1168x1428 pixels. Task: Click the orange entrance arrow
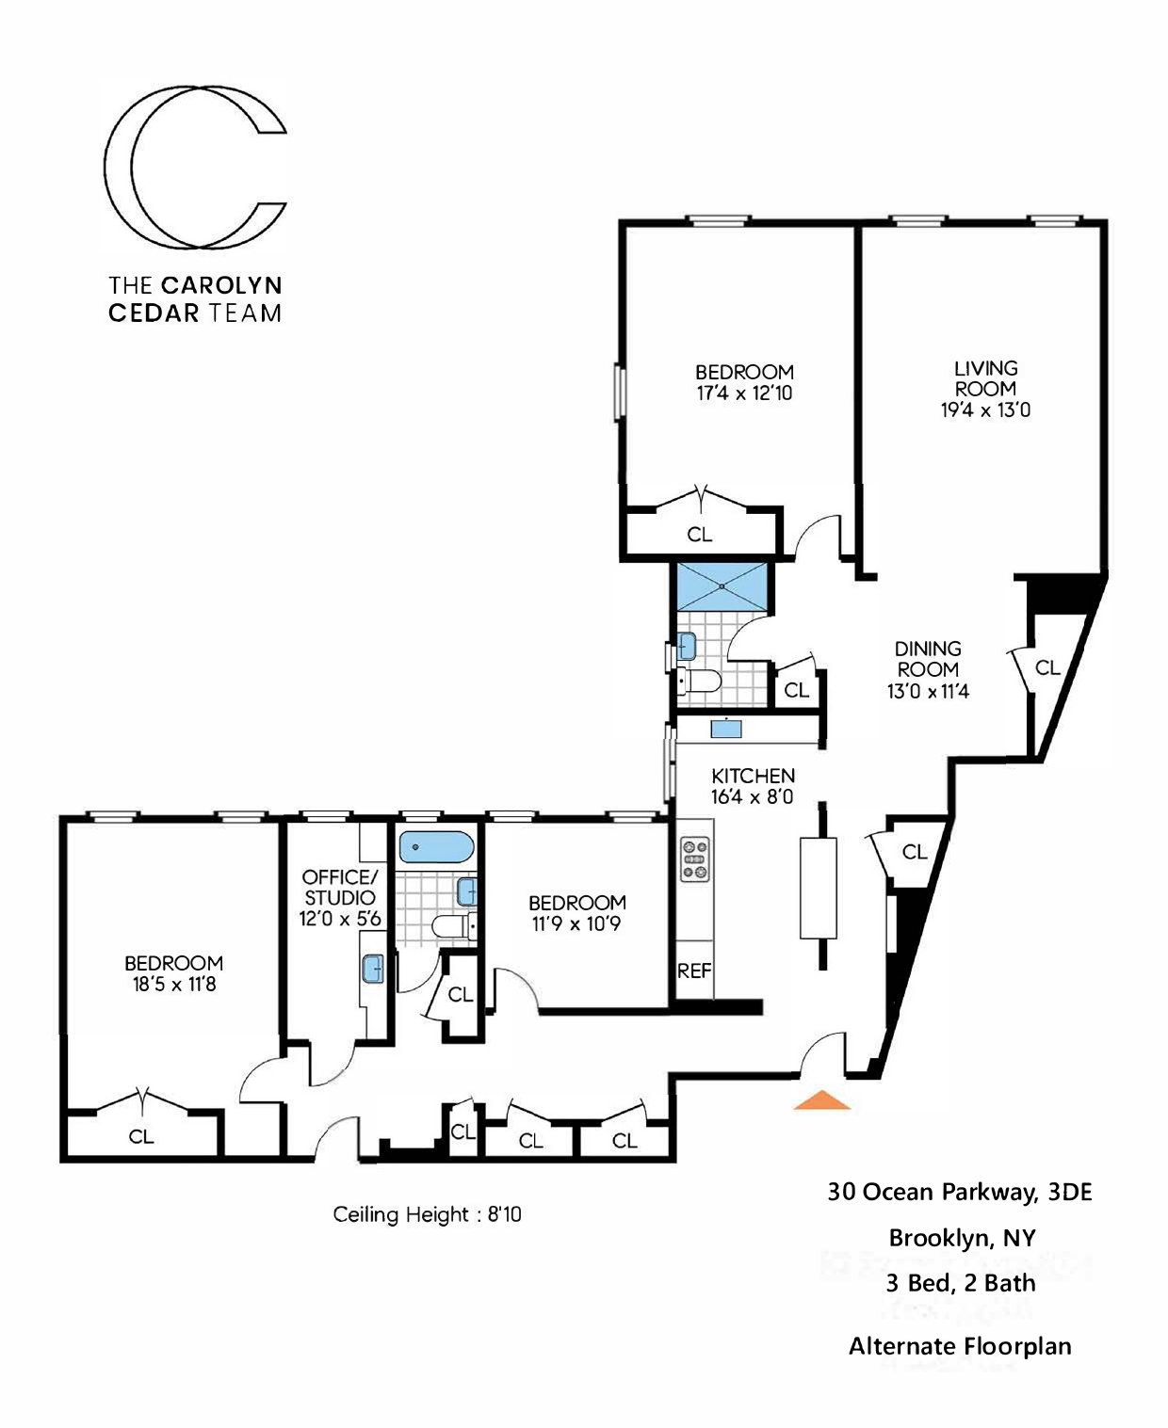pyautogui.click(x=821, y=1100)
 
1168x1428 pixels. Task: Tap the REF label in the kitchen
pyautogui.click(x=694, y=971)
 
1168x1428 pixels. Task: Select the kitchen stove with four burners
pyautogui.click(x=695, y=860)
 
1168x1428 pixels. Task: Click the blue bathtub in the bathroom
pyautogui.click(x=436, y=847)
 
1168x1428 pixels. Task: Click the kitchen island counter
pyautogui.click(x=818, y=887)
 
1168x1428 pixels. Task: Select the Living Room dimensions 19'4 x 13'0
pyautogui.click(x=985, y=410)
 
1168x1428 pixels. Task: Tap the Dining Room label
pyautogui.click(x=928, y=659)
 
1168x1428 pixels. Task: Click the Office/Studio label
pyautogui.click(x=339, y=887)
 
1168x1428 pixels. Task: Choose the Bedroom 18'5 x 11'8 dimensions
pyautogui.click(x=174, y=985)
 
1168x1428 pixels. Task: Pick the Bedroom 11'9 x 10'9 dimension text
pyautogui.click(x=576, y=924)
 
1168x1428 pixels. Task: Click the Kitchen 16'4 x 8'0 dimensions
pyautogui.click(x=753, y=797)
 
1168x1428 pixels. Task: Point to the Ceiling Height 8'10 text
pyautogui.click(x=427, y=1214)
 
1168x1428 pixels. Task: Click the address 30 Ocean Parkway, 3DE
pyautogui.click(x=959, y=1192)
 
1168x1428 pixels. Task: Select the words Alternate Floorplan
pyautogui.click(x=959, y=1346)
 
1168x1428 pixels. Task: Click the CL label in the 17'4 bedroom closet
pyautogui.click(x=700, y=535)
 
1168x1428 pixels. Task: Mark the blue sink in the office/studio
pyautogui.click(x=373, y=968)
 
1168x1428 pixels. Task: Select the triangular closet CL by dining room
pyautogui.click(x=1047, y=668)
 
